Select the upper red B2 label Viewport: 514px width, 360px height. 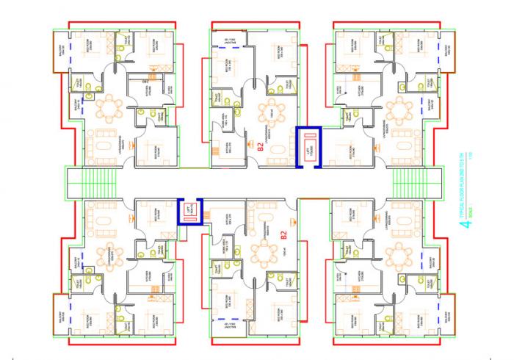click(x=261, y=144)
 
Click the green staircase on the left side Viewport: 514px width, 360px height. click(x=93, y=181)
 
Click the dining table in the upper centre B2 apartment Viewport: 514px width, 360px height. click(x=276, y=109)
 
